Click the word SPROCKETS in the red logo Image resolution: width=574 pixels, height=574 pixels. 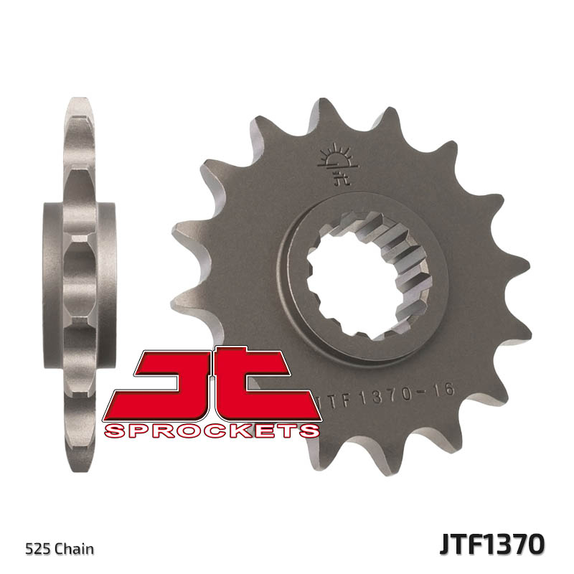(x=212, y=430)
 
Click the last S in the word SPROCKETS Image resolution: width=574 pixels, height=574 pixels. (x=310, y=430)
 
